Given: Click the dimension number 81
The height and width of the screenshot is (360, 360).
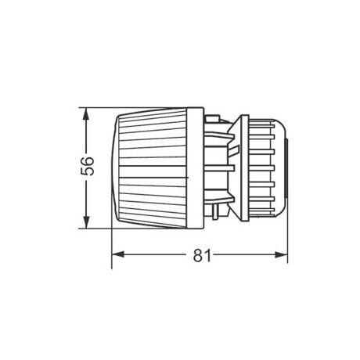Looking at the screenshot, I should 203,254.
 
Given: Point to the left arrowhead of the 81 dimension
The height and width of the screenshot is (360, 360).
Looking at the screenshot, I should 118,255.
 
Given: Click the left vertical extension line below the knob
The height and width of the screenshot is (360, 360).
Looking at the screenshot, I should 113,243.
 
